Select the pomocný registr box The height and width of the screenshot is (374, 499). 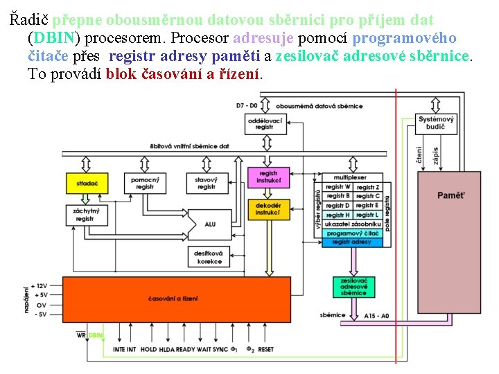click(146, 184)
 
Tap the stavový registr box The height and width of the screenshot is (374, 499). click(207, 184)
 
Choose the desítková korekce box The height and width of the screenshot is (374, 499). click(209, 258)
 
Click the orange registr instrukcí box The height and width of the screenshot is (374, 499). click(268, 177)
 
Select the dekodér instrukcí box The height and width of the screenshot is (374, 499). click(268, 208)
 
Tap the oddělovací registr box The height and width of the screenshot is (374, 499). click(265, 124)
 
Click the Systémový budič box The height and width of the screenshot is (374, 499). click(435, 123)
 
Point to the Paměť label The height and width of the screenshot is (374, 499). click(451, 195)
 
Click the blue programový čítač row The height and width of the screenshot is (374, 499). click(353, 233)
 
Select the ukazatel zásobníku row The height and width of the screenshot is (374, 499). click(353, 224)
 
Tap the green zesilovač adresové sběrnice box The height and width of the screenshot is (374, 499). click(353, 287)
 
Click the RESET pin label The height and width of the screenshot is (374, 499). click(266, 350)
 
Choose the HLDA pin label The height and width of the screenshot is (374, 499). click(167, 350)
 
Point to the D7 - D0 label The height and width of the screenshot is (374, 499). click(246, 105)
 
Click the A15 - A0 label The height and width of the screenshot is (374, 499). click(377, 315)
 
